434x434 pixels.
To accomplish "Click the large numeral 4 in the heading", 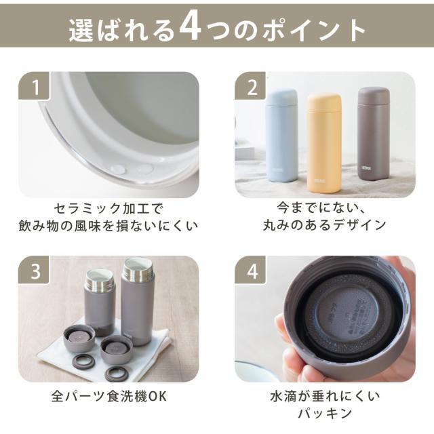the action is tap(190, 28).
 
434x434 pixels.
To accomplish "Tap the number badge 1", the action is tap(34, 86).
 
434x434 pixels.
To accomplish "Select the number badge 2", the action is tap(250, 86).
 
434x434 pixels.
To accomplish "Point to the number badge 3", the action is tap(34, 270).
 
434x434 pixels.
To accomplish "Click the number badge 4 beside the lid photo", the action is tap(250, 270).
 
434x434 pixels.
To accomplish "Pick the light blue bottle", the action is tap(281, 136).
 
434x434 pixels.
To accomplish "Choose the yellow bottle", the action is tap(324, 143).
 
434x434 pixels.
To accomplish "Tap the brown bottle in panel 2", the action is tap(374, 134).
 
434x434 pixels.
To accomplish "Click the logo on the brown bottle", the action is tap(366, 167).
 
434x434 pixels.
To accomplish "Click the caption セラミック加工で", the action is tap(108, 209).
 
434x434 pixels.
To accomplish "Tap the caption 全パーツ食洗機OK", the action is tap(108, 396).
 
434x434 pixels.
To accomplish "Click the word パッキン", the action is tap(325, 414).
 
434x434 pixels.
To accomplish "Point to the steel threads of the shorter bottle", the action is tap(99, 279).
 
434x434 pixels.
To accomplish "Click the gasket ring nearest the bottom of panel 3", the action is tap(116, 373).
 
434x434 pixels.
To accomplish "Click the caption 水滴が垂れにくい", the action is tap(325, 396).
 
